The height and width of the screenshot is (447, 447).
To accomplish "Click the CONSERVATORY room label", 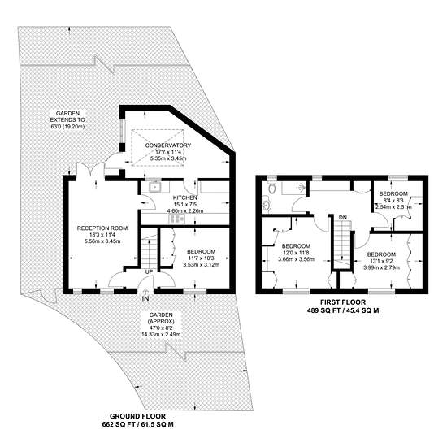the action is [x=168, y=145].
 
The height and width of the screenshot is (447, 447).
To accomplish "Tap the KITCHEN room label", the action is [x=185, y=197].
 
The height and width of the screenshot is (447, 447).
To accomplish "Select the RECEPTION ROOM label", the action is [x=102, y=228].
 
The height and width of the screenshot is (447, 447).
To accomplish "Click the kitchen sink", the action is [x=155, y=187].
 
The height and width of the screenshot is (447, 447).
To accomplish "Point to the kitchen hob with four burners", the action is [x=177, y=219].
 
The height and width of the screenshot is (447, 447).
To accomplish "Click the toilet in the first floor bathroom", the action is [x=272, y=187].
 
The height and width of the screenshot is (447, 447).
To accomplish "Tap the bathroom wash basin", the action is [x=267, y=204].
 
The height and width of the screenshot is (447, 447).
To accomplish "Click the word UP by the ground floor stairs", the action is [x=149, y=272].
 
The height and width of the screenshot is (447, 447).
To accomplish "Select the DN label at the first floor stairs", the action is [x=343, y=218].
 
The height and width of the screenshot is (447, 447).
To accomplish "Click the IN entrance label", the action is [x=145, y=299].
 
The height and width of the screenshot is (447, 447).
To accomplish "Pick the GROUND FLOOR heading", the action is [x=137, y=416].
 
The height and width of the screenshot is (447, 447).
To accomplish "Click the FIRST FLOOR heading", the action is [x=343, y=302].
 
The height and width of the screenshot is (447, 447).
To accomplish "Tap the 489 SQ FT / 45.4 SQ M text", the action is [x=343, y=310].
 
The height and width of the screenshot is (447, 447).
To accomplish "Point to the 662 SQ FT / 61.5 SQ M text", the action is [x=137, y=424].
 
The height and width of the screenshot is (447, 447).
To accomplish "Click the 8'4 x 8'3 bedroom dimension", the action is [x=393, y=201].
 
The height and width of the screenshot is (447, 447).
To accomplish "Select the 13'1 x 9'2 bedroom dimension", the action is [x=381, y=261].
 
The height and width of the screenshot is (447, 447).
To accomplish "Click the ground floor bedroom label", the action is [x=201, y=251].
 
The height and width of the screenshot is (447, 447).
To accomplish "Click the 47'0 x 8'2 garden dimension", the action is [x=161, y=328].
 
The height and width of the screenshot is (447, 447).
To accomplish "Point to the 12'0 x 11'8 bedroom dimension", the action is [x=296, y=253].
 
